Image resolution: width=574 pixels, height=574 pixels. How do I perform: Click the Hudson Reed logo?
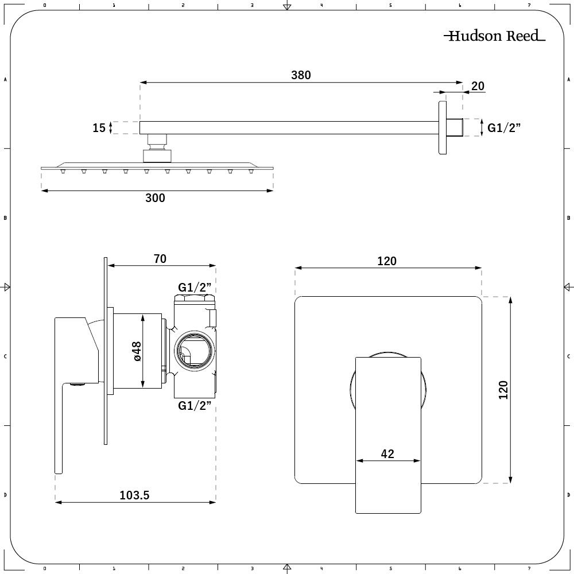(x=495, y=36)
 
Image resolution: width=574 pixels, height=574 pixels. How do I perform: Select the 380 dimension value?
(x=301, y=75)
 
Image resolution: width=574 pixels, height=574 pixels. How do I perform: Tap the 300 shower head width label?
(x=155, y=198)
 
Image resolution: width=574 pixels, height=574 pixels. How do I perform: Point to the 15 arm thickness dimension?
(x=99, y=128)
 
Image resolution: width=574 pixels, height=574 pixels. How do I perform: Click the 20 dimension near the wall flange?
(x=478, y=86)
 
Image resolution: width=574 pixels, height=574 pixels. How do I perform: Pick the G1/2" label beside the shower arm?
(x=504, y=127)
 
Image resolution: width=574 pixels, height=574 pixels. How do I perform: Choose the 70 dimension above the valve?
(x=160, y=259)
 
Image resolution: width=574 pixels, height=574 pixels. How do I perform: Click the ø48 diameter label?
(x=137, y=351)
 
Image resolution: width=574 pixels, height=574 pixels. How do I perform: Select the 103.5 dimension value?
(x=134, y=495)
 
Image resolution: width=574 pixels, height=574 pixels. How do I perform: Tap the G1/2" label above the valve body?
(x=195, y=288)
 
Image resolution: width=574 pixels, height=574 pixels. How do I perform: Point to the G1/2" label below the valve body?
(x=195, y=406)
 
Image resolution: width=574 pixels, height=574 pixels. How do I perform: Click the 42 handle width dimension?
(x=387, y=454)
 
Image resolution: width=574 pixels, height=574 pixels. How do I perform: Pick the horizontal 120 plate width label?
(x=387, y=261)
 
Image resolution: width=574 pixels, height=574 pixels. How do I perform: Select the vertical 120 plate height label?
(x=504, y=390)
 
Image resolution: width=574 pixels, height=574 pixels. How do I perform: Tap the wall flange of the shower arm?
(x=443, y=127)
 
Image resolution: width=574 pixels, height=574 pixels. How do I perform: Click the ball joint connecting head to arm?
(x=157, y=148)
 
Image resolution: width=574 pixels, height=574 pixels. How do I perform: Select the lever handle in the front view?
(x=388, y=435)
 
